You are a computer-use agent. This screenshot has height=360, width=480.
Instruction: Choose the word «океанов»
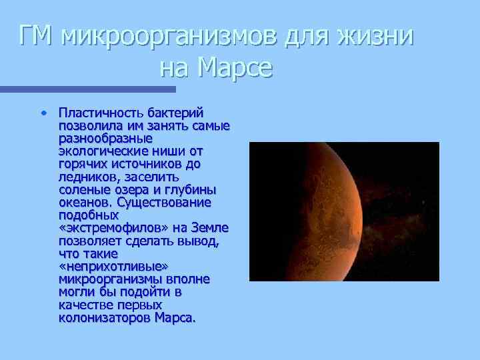85,202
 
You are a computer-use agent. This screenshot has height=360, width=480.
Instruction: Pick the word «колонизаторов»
105,317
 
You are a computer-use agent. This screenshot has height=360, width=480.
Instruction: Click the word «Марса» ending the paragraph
175,317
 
